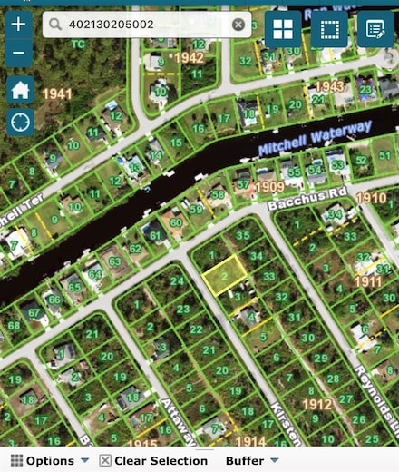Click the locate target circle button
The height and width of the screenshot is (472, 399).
coord(20,121)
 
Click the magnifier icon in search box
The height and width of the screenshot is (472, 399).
coord(55,25)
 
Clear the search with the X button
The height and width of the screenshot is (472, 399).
coord(238,25)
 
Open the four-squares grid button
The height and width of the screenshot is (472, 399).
coord(283,29)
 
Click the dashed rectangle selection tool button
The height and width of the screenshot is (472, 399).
coord(329,29)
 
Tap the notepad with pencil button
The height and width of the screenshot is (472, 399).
coord(375,29)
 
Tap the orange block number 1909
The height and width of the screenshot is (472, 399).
coord(269,187)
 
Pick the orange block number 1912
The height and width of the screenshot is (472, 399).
coord(317,404)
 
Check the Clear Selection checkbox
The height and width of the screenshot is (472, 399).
coord(105,461)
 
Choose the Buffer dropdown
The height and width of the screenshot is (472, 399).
coord(251,461)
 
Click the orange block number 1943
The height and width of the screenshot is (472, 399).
coord(329,86)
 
